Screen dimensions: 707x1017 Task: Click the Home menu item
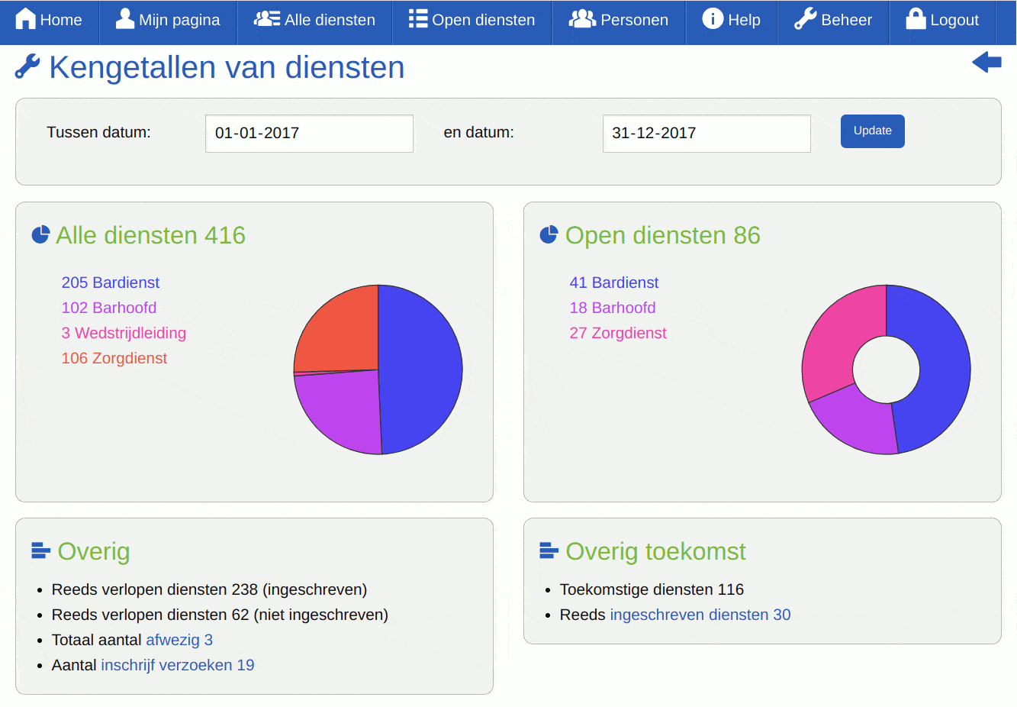(x=49, y=20)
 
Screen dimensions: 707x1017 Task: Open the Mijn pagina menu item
(x=168, y=20)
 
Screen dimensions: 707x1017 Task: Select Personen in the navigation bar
(x=619, y=20)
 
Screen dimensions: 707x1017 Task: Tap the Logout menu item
(x=942, y=20)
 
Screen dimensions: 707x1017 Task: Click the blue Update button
(x=872, y=131)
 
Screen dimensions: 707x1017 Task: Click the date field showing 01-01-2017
(x=309, y=134)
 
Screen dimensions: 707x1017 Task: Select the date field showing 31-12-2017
(x=706, y=134)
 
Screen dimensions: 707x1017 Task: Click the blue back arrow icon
(x=986, y=63)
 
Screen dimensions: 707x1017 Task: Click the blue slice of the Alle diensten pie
(x=420, y=370)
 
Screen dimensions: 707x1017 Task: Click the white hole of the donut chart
(x=886, y=370)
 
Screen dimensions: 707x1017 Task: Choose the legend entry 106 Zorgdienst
(x=114, y=358)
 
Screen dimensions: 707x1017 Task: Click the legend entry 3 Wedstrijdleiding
(x=124, y=333)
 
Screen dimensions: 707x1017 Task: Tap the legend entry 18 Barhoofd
(x=613, y=308)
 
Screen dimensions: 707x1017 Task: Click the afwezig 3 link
(x=179, y=640)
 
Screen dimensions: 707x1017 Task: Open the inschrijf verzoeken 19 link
(x=178, y=665)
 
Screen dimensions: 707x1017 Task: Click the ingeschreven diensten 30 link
(x=700, y=615)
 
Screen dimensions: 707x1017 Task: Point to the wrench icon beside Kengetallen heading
(x=27, y=67)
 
